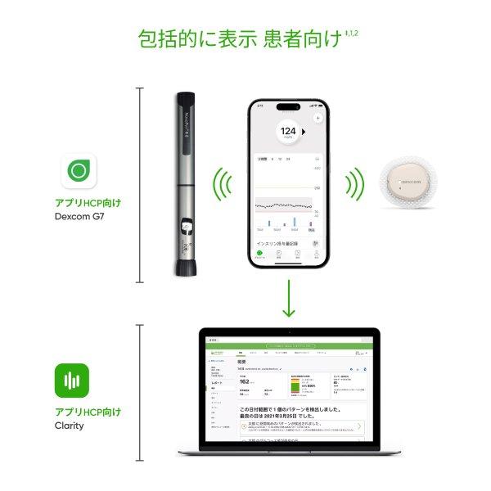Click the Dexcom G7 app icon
pos(79,171)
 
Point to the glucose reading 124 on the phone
pos(287,130)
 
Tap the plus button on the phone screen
pos(318,118)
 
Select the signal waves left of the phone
pos(219,186)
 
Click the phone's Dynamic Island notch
pos(287,106)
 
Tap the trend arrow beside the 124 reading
pos(304,130)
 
